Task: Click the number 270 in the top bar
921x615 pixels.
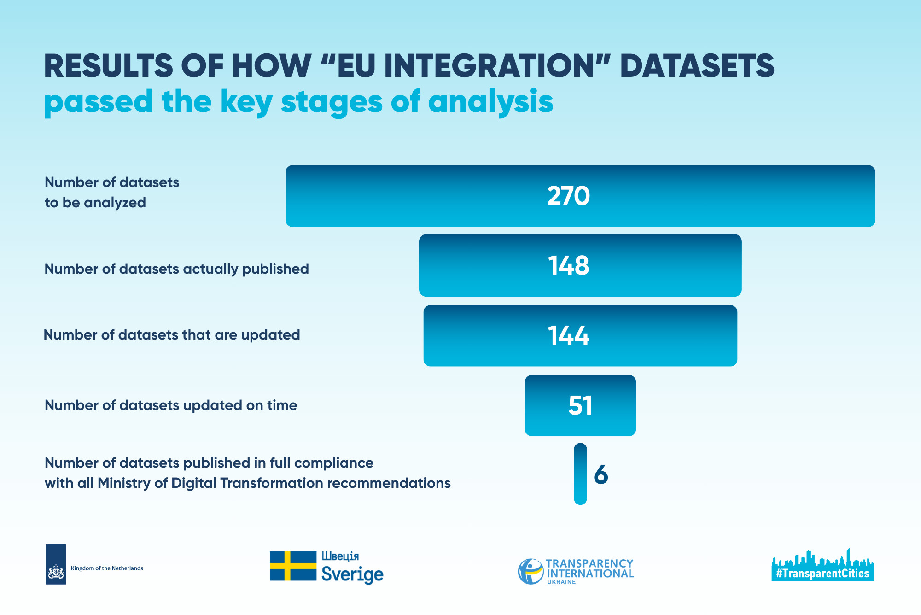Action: (568, 196)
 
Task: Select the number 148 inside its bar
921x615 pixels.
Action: (568, 265)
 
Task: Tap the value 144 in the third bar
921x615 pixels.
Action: (568, 335)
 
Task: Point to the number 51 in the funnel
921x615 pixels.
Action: (580, 405)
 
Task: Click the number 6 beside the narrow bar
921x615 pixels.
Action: (601, 474)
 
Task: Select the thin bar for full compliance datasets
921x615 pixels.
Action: (580, 474)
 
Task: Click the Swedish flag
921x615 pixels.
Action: (293, 566)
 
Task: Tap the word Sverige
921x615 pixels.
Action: (352, 574)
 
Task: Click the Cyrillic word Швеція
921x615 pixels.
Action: (340, 556)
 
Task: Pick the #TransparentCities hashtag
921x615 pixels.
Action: (822, 574)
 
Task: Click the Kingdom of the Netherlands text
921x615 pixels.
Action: (107, 568)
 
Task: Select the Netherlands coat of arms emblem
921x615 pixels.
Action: (56, 573)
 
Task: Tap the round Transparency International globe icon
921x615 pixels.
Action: (531, 572)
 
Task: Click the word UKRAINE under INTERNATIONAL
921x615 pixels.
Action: (561, 582)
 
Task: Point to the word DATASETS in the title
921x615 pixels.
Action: (697, 65)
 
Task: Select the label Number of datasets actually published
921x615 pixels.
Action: (176, 269)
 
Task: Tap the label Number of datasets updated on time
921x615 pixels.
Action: (171, 405)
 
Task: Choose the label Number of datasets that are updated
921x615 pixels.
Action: (172, 335)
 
